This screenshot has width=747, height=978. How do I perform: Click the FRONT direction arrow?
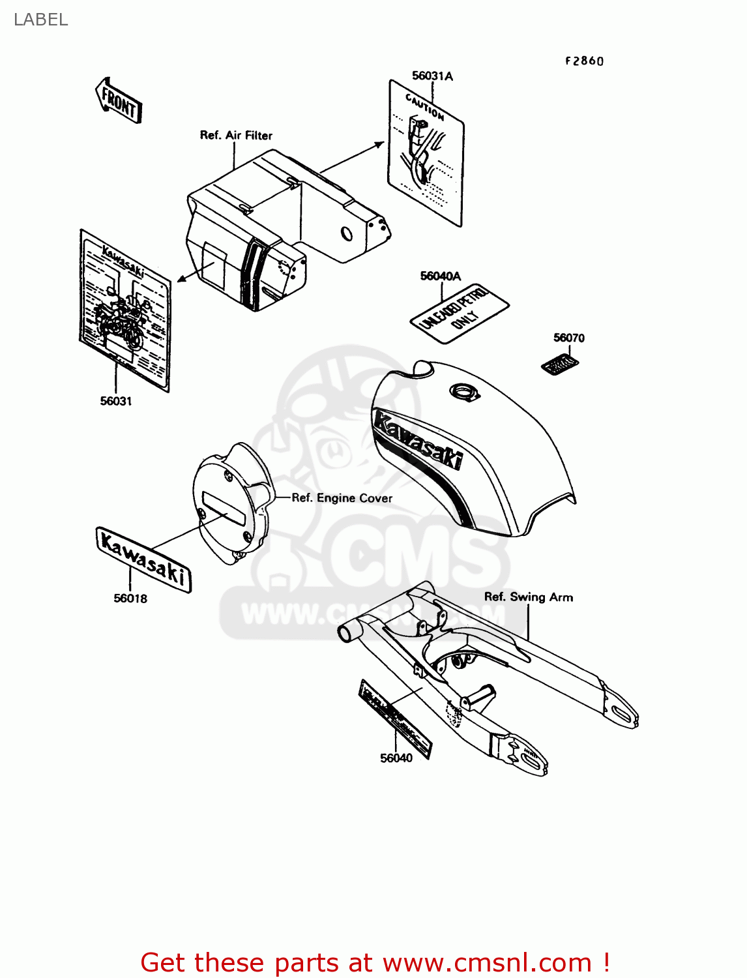pyautogui.click(x=119, y=101)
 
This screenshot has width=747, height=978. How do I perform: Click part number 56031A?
pyautogui.click(x=432, y=76)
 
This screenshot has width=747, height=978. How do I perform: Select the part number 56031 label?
pyautogui.click(x=116, y=401)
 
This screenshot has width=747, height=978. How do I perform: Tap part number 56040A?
pyautogui.click(x=441, y=276)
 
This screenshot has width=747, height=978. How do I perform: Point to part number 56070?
pyautogui.click(x=569, y=338)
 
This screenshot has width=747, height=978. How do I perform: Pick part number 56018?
pyautogui.click(x=130, y=598)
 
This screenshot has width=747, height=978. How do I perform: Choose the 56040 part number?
pyautogui.click(x=396, y=758)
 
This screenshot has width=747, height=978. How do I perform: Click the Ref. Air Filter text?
pyautogui.click(x=236, y=135)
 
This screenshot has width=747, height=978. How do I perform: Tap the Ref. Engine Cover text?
pyautogui.click(x=342, y=498)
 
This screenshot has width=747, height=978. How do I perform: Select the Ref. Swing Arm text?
pyautogui.click(x=529, y=597)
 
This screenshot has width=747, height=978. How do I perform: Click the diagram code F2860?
pyautogui.click(x=585, y=61)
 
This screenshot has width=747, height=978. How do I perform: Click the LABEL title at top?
pyautogui.click(x=40, y=20)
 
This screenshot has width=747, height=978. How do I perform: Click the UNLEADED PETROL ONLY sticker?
pyautogui.click(x=460, y=312)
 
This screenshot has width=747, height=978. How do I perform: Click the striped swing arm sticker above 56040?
pyautogui.click(x=395, y=718)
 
